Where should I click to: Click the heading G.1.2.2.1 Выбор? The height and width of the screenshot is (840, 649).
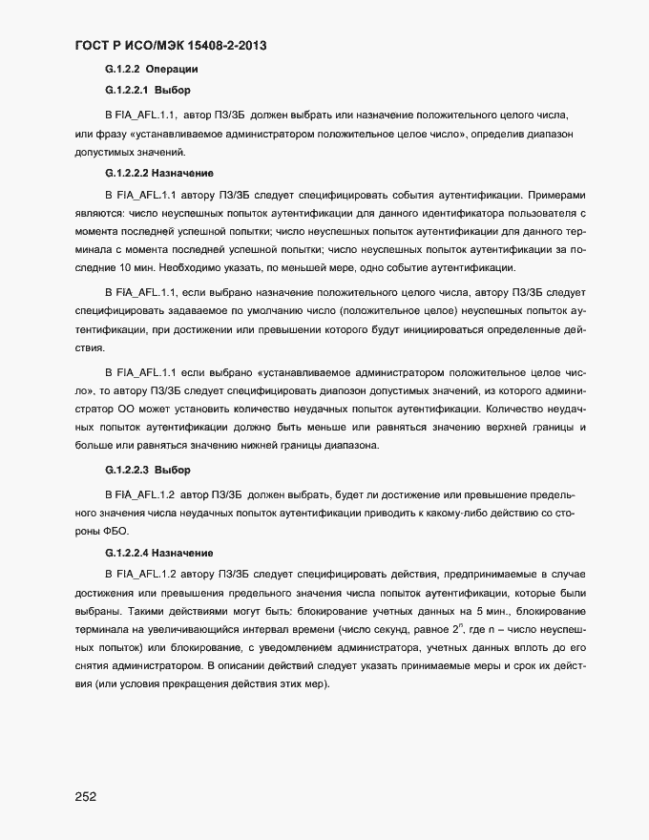click(x=148, y=92)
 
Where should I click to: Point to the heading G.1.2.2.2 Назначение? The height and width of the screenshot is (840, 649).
click(x=158, y=174)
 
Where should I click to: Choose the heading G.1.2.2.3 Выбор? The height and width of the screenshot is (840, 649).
click(x=148, y=471)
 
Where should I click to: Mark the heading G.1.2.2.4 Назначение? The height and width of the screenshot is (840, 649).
click(x=158, y=553)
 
